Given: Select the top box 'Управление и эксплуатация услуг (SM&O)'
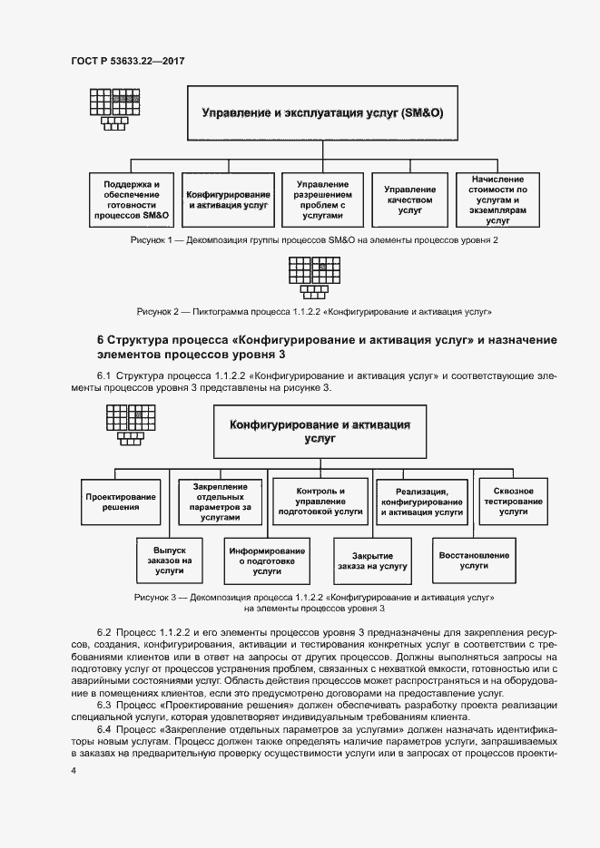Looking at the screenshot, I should tap(321, 113).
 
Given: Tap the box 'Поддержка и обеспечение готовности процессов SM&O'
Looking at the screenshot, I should tap(132, 200).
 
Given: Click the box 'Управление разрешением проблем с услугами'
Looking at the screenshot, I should tap(321, 200).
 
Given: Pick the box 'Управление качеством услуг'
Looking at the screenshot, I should tap(409, 200).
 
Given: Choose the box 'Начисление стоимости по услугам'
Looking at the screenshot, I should tap(497, 200).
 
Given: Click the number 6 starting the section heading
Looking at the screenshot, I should tap(101, 340).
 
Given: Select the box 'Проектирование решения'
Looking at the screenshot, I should tap(121, 502).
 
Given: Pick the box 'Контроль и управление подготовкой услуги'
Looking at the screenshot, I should tap(320, 502).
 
